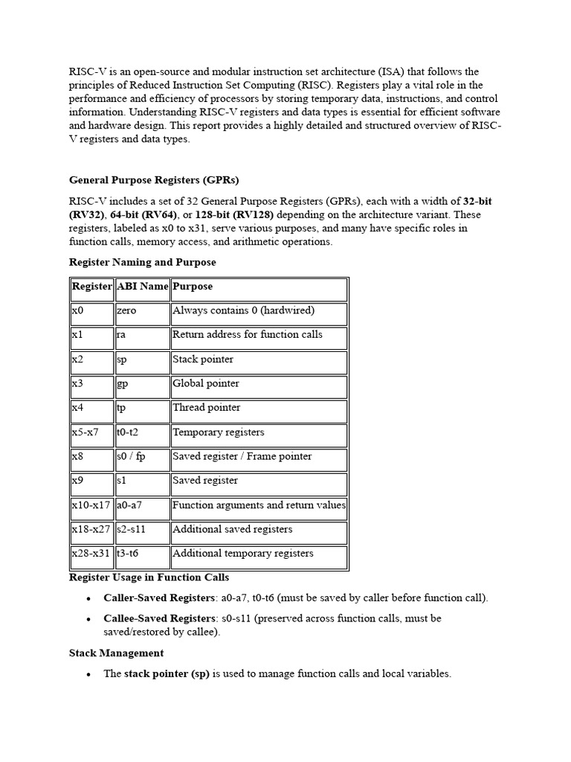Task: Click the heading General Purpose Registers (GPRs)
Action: (x=154, y=180)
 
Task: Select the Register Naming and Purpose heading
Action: (x=142, y=262)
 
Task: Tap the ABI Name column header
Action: (x=142, y=286)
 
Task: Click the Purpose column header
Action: (x=193, y=286)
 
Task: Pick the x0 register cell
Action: (x=78, y=311)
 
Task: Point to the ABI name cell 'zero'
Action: (x=126, y=311)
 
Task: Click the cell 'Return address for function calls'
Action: (x=248, y=335)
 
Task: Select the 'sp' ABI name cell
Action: (x=122, y=359)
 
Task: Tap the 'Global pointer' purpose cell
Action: (x=206, y=384)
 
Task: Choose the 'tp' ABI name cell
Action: (x=121, y=408)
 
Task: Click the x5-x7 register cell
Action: (x=85, y=432)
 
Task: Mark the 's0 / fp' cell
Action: (x=131, y=456)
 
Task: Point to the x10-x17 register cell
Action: (x=90, y=505)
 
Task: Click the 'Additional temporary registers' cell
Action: (x=243, y=554)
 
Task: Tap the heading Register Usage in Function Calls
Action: (x=149, y=577)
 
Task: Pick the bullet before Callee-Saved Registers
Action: (x=88, y=619)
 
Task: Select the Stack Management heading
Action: (x=116, y=653)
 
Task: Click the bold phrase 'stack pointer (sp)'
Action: (x=167, y=674)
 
